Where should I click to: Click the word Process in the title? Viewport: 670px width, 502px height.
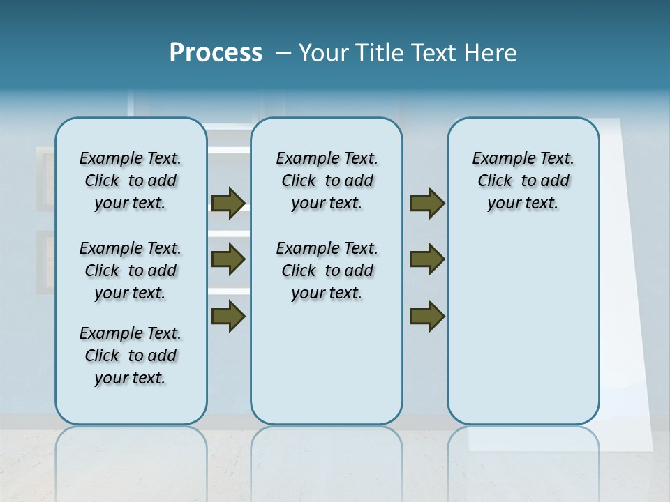(x=216, y=52)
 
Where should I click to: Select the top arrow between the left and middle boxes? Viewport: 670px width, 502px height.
(x=228, y=204)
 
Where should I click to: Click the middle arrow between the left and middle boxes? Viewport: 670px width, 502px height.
(x=228, y=259)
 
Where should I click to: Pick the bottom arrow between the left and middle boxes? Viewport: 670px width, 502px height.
(x=228, y=316)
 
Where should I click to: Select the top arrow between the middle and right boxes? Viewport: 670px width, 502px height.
(x=427, y=204)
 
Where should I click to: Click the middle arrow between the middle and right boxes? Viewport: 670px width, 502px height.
(x=427, y=259)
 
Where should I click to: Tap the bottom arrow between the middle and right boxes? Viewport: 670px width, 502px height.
(x=427, y=316)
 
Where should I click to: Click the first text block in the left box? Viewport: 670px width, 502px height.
(x=131, y=181)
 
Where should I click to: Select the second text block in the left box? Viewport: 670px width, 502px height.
(x=131, y=271)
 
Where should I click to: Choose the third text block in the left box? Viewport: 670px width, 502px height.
(x=131, y=356)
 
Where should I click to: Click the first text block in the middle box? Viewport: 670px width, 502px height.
(x=327, y=181)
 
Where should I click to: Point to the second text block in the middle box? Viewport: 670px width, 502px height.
(x=327, y=271)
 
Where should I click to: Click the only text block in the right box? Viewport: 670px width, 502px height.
(x=523, y=181)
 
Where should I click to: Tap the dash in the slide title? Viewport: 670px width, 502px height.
(x=283, y=53)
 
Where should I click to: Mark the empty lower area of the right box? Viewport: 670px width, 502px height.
(x=523, y=328)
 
